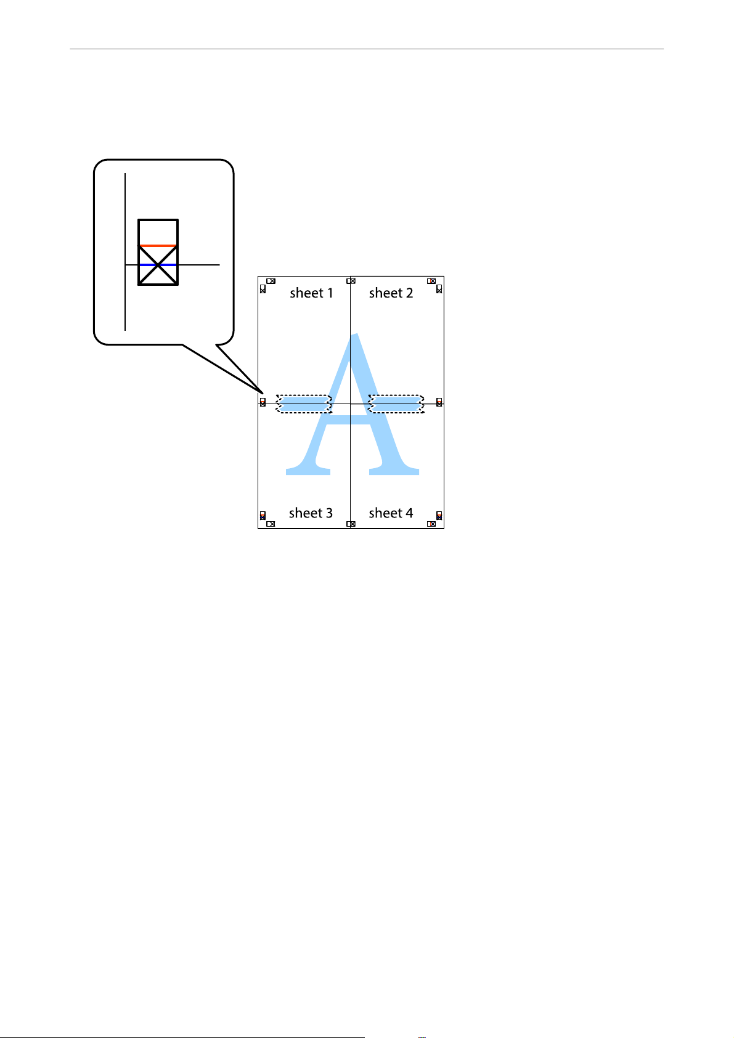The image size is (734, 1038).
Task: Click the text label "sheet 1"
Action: pyautogui.click(x=311, y=293)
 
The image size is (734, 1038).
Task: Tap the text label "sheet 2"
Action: pyautogui.click(x=391, y=293)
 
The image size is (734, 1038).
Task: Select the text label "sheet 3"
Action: pyautogui.click(x=311, y=513)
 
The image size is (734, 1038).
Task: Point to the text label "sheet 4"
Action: pyautogui.click(x=391, y=513)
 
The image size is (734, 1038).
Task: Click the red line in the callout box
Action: pyautogui.click(x=158, y=246)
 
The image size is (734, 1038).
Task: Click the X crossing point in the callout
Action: pyautogui.click(x=158, y=265)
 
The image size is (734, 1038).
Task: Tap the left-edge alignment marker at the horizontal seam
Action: pyautogui.click(x=263, y=402)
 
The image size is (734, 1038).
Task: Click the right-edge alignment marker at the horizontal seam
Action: pyautogui.click(x=439, y=402)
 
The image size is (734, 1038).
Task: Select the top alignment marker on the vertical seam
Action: pyautogui.click(x=351, y=281)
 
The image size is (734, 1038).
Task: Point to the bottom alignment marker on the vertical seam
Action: pyautogui.click(x=351, y=524)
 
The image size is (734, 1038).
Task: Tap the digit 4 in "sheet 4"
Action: pyautogui.click(x=409, y=513)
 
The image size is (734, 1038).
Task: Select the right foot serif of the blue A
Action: pyautogui.click(x=394, y=472)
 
